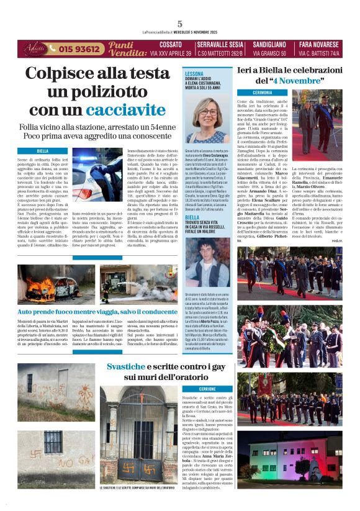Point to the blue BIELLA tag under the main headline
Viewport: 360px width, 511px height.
pos(43,151)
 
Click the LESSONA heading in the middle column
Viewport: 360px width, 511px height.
pos(194,73)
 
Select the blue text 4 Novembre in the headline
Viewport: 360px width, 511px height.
pos(294,81)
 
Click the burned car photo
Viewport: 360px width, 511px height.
pos(47,284)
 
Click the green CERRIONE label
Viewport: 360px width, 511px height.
pos(207,389)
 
